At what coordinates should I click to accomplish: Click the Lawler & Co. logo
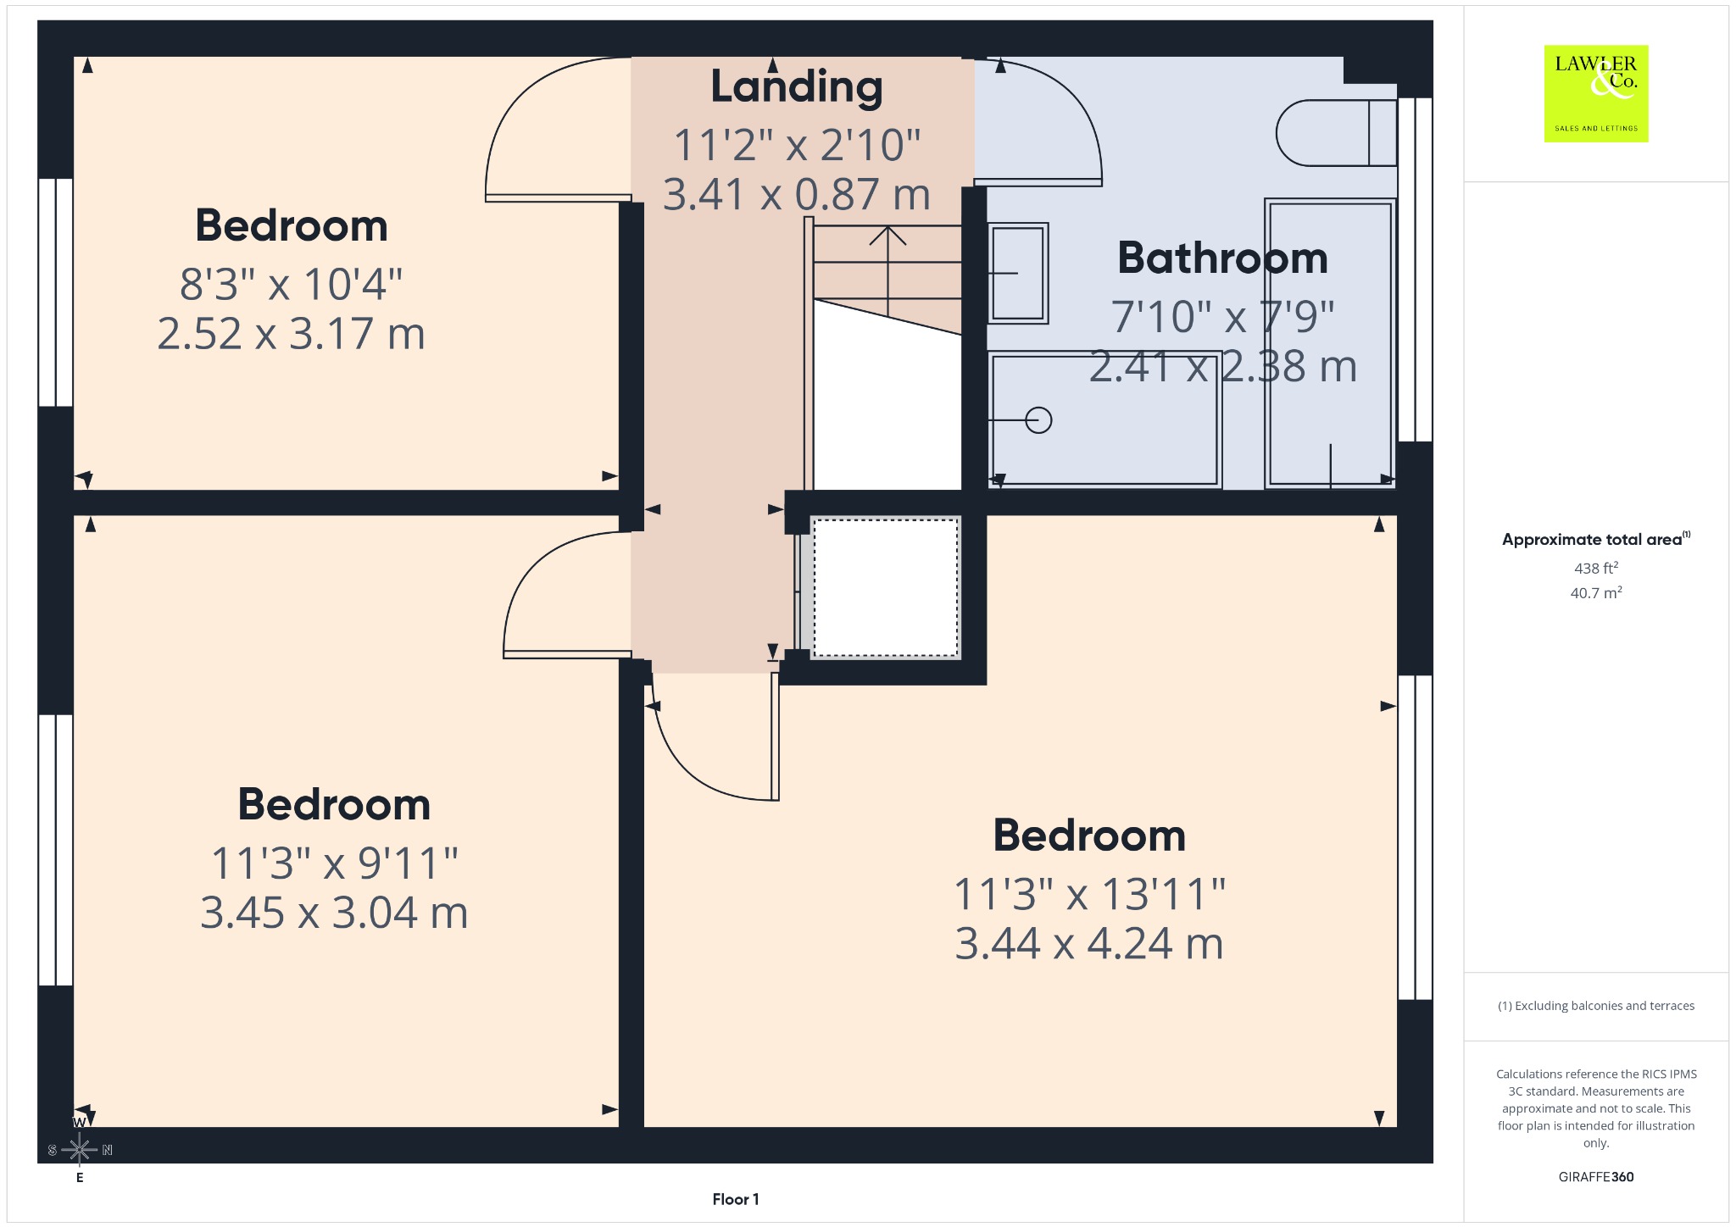[x=1595, y=93]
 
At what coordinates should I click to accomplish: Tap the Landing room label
[x=796, y=88]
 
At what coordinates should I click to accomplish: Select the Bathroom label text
[x=1222, y=258]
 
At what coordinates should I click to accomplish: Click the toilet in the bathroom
[x=1336, y=133]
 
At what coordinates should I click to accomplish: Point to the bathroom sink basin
[x=1018, y=273]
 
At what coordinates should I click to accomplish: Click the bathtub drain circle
[x=1038, y=420]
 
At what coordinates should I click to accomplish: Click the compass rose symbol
[x=80, y=1150]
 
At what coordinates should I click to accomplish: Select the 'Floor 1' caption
[x=736, y=1199]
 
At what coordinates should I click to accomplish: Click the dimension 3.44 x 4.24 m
[x=1089, y=943]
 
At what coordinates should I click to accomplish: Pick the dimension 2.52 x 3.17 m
[x=291, y=333]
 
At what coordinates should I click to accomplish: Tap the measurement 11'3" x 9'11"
[x=334, y=863]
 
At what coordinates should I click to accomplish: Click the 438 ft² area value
[x=1596, y=568]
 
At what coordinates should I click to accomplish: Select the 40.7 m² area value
[x=1596, y=592]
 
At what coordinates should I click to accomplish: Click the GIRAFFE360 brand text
[x=1596, y=1176]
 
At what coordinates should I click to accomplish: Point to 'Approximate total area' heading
[x=1592, y=540]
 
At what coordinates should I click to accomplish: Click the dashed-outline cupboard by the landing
[x=886, y=587]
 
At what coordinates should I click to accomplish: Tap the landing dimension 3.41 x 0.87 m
[x=796, y=194]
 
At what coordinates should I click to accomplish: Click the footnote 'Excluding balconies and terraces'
[x=1605, y=1006]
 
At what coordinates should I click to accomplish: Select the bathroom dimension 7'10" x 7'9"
[x=1222, y=317]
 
